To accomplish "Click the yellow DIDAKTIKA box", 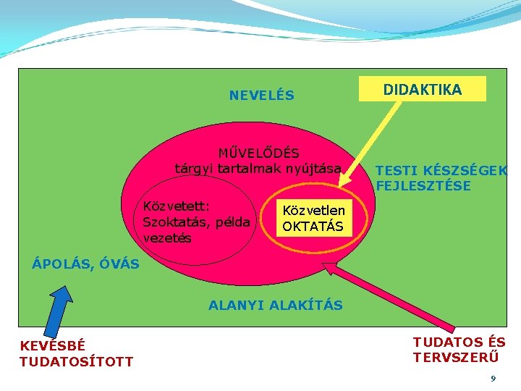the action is [423, 89].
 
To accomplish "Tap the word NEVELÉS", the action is [261, 96].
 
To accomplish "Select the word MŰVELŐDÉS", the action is [258, 153].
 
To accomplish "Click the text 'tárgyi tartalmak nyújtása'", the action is [258, 168].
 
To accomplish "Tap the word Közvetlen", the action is [314, 210].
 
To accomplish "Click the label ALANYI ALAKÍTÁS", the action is [276, 305].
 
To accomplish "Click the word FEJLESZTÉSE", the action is [423, 186].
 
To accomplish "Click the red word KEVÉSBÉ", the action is [52, 346].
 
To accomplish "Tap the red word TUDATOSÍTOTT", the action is [76, 361].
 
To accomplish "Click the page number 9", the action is [493, 379].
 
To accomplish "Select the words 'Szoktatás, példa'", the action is [197, 222].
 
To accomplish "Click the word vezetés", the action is [167, 237].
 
